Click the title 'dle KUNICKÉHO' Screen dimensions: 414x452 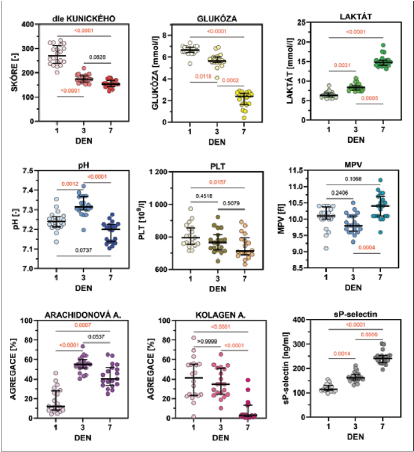[84, 19]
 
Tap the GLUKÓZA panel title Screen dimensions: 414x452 [217, 19]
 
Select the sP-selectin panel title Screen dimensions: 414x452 [355, 314]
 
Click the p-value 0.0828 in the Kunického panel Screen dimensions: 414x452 [97, 57]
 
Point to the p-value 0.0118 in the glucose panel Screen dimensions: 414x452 [203, 77]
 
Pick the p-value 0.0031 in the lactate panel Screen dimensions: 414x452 [342, 65]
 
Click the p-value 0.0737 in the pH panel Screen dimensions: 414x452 [83, 250]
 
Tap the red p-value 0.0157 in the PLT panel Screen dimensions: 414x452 [218, 182]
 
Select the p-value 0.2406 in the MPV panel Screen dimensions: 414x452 [339, 193]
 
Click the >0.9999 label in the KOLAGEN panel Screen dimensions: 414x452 [207, 341]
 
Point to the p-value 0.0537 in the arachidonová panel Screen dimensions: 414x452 [96, 337]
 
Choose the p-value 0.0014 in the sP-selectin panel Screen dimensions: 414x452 [342, 354]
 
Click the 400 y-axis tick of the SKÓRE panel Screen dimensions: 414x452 [28, 24]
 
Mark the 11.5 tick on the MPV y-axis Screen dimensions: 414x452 [296, 171]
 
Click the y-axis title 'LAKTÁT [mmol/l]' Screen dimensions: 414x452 [290, 71]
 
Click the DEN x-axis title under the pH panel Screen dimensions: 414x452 [83, 288]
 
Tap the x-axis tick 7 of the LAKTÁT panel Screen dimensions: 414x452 [383, 130]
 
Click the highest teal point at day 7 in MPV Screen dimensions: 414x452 [380, 180]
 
